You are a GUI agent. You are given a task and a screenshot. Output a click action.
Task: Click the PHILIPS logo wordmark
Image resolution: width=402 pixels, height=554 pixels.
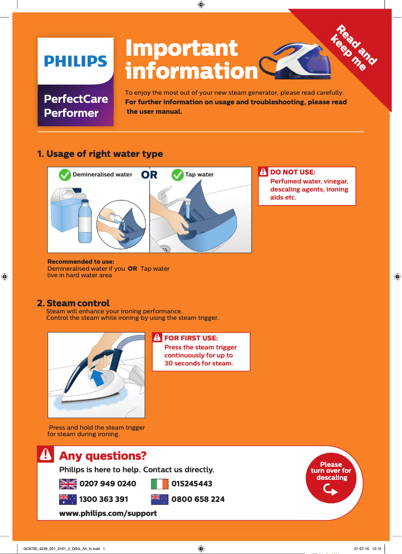(x=75, y=61)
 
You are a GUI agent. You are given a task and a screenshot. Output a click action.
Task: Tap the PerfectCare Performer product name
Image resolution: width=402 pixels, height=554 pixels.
(x=76, y=105)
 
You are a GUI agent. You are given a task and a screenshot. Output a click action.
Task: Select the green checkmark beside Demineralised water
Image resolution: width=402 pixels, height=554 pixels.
(x=65, y=174)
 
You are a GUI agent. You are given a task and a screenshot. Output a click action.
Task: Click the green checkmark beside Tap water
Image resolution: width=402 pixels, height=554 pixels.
(x=177, y=174)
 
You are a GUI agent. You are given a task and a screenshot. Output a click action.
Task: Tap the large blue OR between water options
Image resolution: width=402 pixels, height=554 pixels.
(x=149, y=174)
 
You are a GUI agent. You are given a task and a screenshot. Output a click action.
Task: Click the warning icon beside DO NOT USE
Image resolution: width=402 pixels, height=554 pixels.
(x=264, y=172)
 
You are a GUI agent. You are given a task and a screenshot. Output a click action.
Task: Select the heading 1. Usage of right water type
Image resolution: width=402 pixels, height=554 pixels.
(x=100, y=153)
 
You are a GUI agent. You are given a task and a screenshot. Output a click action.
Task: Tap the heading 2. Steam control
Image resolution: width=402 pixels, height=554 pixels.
(x=73, y=303)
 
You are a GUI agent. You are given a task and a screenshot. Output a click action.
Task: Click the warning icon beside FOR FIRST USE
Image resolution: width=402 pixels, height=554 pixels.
(x=157, y=338)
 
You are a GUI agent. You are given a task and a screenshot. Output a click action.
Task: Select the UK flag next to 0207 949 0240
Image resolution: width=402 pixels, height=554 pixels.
(x=67, y=484)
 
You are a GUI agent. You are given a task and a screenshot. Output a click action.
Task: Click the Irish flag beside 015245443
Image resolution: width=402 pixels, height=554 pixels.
(x=159, y=484)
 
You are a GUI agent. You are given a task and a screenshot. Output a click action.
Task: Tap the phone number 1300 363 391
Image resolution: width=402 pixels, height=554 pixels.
(x=103, y=499)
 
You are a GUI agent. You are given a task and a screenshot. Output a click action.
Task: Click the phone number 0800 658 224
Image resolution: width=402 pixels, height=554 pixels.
(x=197, y=499)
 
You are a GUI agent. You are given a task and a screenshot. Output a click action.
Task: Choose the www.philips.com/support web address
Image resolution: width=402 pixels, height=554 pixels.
(x=108, y=513)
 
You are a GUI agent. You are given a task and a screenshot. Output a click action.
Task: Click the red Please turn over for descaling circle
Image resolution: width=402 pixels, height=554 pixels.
(x=331, y=478)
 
